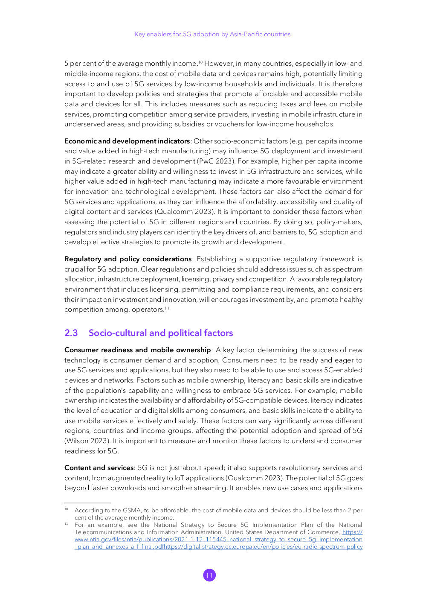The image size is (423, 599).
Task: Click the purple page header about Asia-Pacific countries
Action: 212,34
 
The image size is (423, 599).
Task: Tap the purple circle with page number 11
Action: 209,575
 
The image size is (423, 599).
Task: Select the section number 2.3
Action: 71,333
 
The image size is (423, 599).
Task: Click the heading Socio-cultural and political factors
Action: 161,333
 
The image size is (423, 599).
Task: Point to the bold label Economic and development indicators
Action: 127,141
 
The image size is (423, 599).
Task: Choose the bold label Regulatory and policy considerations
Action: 128,259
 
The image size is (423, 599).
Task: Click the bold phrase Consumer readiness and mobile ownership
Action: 137,350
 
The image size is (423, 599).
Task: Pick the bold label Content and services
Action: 99,468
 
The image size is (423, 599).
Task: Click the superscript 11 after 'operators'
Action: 167,308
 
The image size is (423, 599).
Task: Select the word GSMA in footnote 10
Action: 132,511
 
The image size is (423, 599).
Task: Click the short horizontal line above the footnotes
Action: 87,503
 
